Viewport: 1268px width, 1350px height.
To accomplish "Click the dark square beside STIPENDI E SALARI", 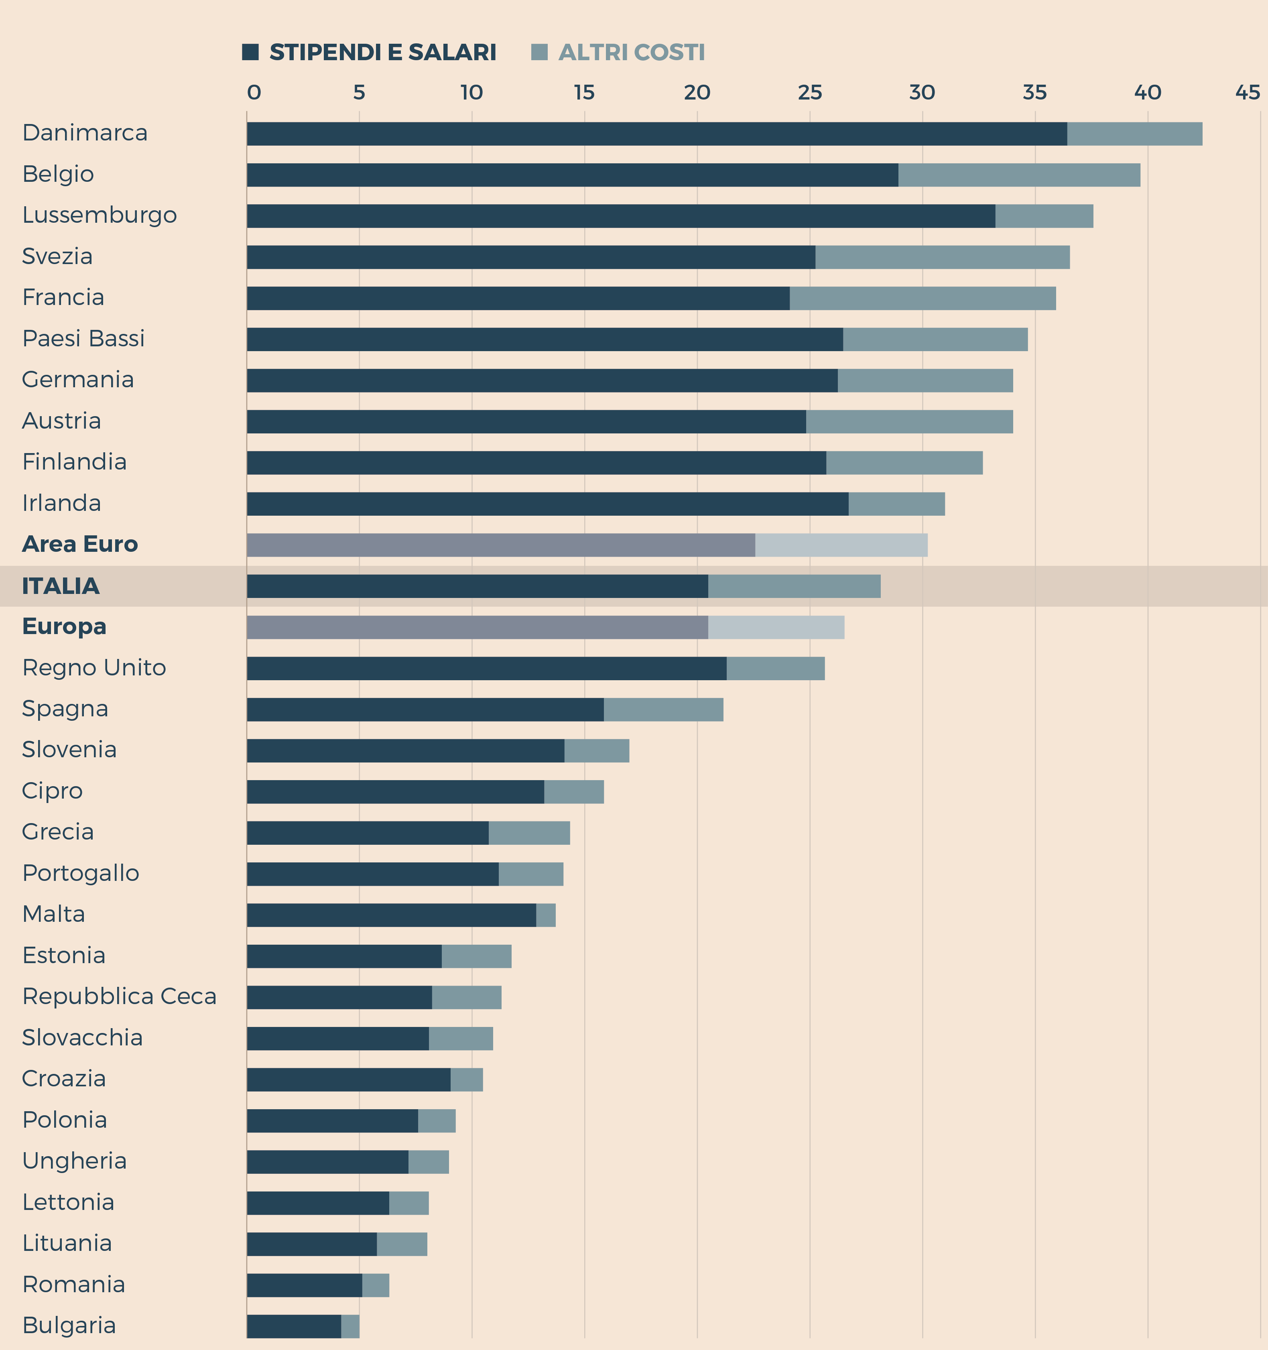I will click(x=250, y=52).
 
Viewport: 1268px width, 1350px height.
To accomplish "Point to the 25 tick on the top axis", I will click(x=810, y=92).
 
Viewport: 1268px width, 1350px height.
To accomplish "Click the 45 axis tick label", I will click(x=1248, y=92).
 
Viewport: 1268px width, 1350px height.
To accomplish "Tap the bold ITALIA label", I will click(x=61, y=586).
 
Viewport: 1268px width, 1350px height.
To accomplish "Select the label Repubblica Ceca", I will click(x=119, y=996).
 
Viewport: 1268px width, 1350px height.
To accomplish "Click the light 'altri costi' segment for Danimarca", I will click(x=1134, y=134).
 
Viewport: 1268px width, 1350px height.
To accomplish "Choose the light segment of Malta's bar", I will click(x=545, y=915).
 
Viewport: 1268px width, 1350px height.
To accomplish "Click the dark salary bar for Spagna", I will click(x=425, y=710).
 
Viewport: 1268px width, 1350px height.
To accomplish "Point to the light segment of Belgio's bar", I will click(x=1019, y=175).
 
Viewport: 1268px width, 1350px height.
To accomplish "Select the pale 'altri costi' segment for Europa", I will click(x=776, y=628).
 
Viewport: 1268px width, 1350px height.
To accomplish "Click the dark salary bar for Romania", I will click(x=304, y=1285).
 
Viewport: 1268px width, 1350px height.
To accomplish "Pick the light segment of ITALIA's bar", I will click(x=794, y=586).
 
